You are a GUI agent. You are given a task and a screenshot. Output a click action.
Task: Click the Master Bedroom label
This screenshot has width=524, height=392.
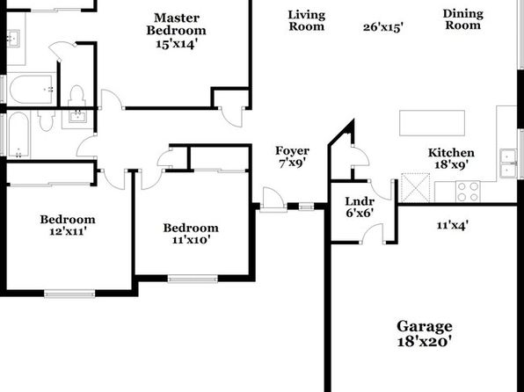tap(176, 31)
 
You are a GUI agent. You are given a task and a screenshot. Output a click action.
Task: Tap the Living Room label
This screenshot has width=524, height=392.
tap(307, 20)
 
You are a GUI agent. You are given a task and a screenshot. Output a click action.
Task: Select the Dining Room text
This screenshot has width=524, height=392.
tap(462, 19)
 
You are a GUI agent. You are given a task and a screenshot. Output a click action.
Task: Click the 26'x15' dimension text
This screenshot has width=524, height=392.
tap(383, 27)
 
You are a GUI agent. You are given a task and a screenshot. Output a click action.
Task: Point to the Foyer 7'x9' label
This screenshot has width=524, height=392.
tap(292, 156)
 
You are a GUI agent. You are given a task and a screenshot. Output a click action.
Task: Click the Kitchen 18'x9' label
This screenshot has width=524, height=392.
tap(451, 158)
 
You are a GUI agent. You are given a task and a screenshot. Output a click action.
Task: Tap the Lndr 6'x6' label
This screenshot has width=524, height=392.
tap(360, 207)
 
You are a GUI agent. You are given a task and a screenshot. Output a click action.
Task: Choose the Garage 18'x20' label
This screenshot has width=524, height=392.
tap(425, 333)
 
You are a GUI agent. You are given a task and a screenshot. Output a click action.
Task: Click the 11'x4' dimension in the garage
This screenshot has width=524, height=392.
tap(452, 226)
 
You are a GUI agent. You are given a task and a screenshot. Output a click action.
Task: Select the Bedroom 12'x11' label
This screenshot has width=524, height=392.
tap(68, 225)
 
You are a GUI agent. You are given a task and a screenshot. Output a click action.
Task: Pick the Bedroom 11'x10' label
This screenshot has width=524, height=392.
tap(191, 233)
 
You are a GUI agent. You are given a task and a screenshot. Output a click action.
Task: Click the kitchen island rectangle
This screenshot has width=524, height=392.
tap(432, 123)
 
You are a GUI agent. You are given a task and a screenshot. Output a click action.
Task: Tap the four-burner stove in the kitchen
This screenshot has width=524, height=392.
tap(468, 192)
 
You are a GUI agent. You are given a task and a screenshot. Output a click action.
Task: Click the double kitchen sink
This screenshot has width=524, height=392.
tap(508, 163)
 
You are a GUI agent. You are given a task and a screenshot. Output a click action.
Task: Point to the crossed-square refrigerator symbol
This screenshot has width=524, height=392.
tap(415, 187)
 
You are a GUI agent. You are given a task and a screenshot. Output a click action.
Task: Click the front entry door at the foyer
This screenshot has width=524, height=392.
tap(273, 200)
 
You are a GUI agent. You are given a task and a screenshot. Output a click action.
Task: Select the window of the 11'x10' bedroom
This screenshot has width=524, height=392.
tap(193, 279)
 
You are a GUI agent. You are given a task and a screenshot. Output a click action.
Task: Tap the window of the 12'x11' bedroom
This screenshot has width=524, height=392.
tap(69, 294)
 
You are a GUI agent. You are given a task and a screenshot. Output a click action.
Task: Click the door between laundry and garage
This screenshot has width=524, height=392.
tap(373, 233)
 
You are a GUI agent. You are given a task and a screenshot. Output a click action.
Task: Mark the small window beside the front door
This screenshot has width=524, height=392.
tap(306, 207)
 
